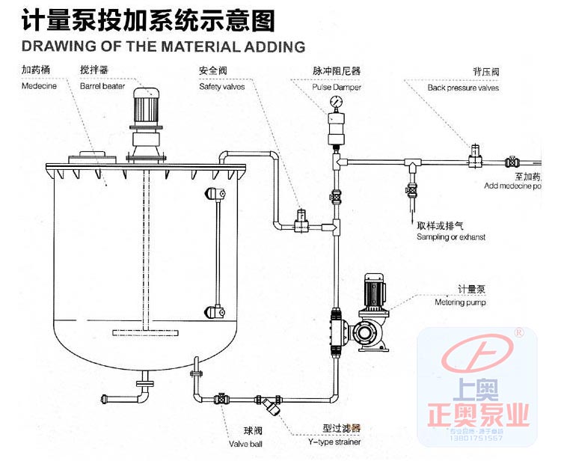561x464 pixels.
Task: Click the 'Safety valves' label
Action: [x=221, y=87]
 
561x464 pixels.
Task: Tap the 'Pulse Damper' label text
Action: [x=337, y=87]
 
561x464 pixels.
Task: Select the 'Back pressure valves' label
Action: [x=463, y=88]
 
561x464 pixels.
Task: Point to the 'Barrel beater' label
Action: [x=102, y=86]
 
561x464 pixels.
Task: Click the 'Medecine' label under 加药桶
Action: [x=39, y=86]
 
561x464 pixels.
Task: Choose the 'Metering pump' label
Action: [x=460, y=303]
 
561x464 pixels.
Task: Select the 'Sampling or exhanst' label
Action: [x=451, y=237]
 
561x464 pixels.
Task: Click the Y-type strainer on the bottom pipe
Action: [x=270, y=405]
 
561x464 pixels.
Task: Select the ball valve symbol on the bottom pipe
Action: [x=222, y=399]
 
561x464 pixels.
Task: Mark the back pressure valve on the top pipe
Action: [x=474, y=156]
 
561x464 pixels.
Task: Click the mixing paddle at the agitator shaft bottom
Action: [x=144, y=333]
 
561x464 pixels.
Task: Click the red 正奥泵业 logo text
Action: [x=487, y=414]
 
